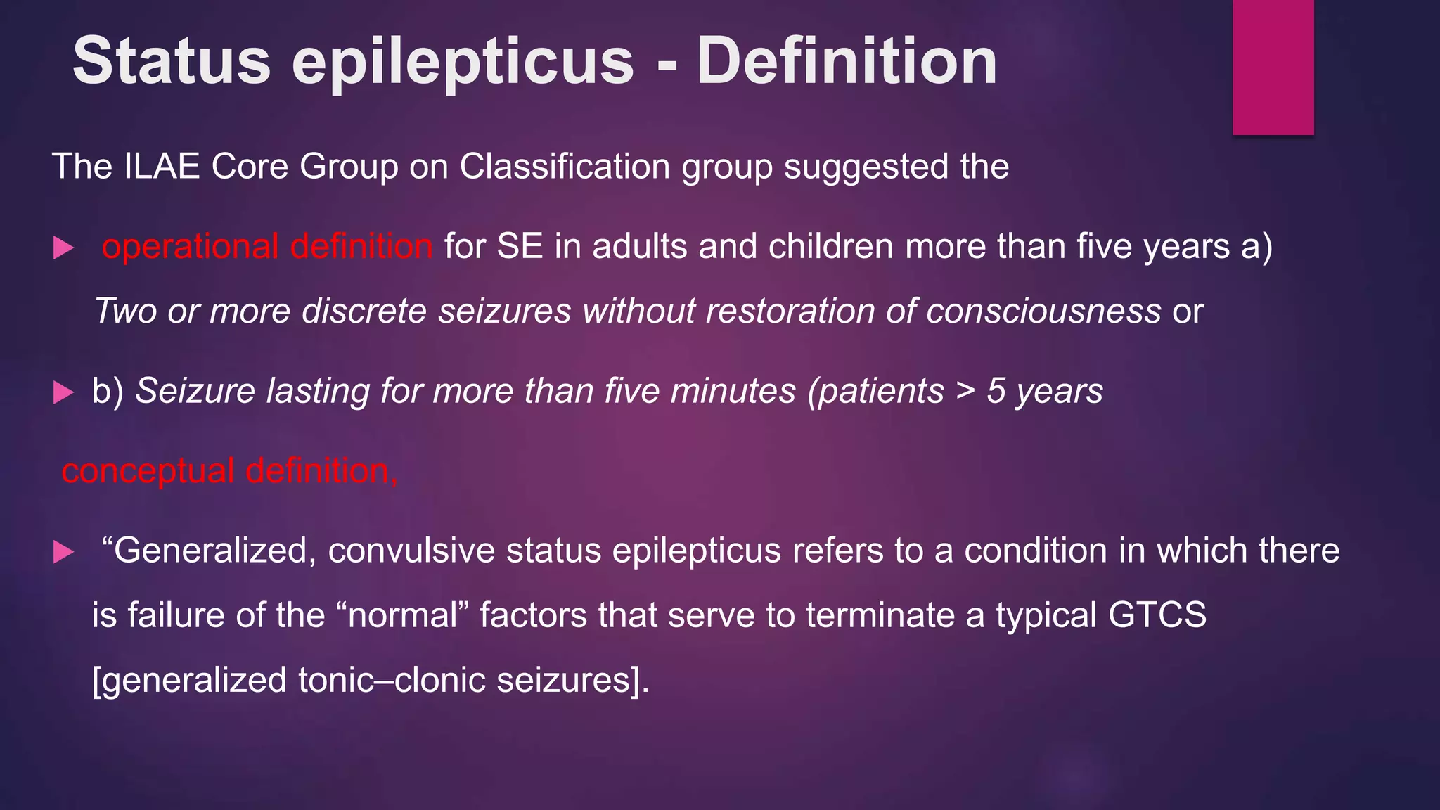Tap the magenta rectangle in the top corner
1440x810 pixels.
[1273, 67]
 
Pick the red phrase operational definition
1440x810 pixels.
[267, 247]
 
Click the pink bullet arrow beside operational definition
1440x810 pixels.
[63, 247]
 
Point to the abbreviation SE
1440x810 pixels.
[520, 247]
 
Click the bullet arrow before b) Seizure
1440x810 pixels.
[63, 392]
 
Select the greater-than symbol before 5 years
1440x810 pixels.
[965, 391]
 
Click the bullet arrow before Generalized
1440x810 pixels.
[63, 552]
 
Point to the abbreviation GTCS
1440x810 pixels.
[1157, 615]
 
